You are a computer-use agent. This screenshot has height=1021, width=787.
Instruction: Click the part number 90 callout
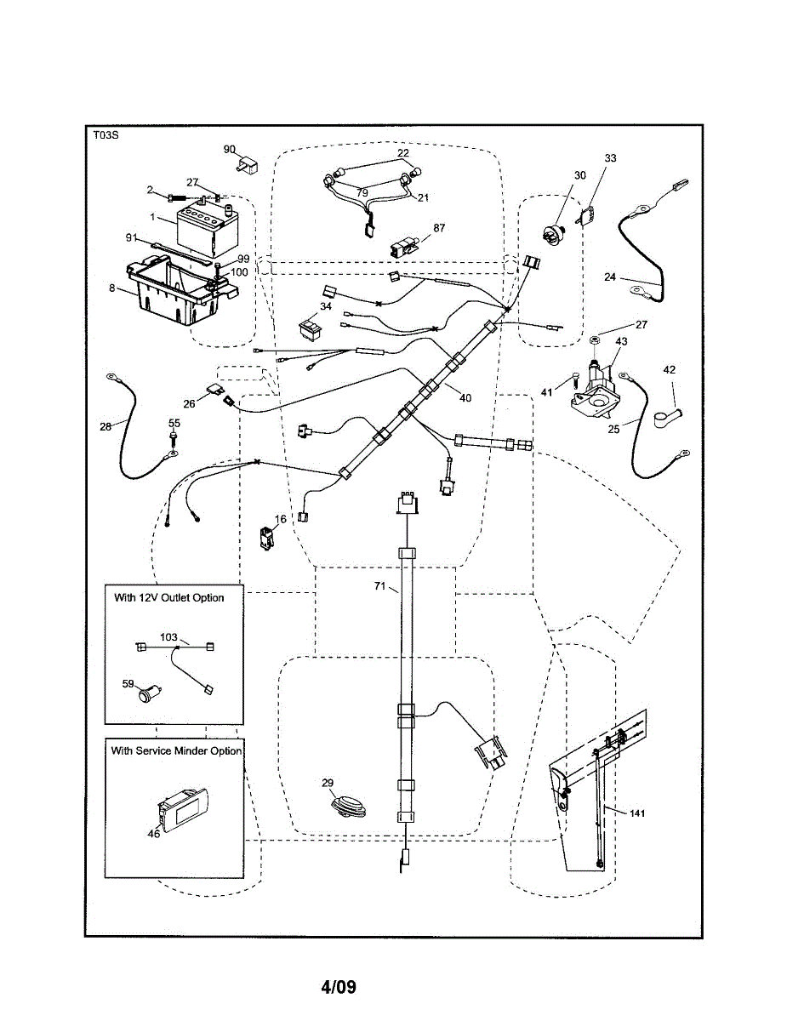pos(230,149)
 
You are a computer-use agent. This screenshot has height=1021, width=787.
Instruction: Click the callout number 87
pos(439,228)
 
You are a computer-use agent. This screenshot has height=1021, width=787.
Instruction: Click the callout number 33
pos(611,158)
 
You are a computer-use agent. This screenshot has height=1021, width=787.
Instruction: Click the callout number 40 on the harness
pos(465,397)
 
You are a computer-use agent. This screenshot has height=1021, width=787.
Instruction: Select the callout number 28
pos(106,426)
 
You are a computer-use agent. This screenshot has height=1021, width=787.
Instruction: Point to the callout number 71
pos(380,587)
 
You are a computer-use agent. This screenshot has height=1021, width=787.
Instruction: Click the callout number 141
pos(638,813)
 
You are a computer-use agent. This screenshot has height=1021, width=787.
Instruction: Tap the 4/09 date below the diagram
pos(339,988)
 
